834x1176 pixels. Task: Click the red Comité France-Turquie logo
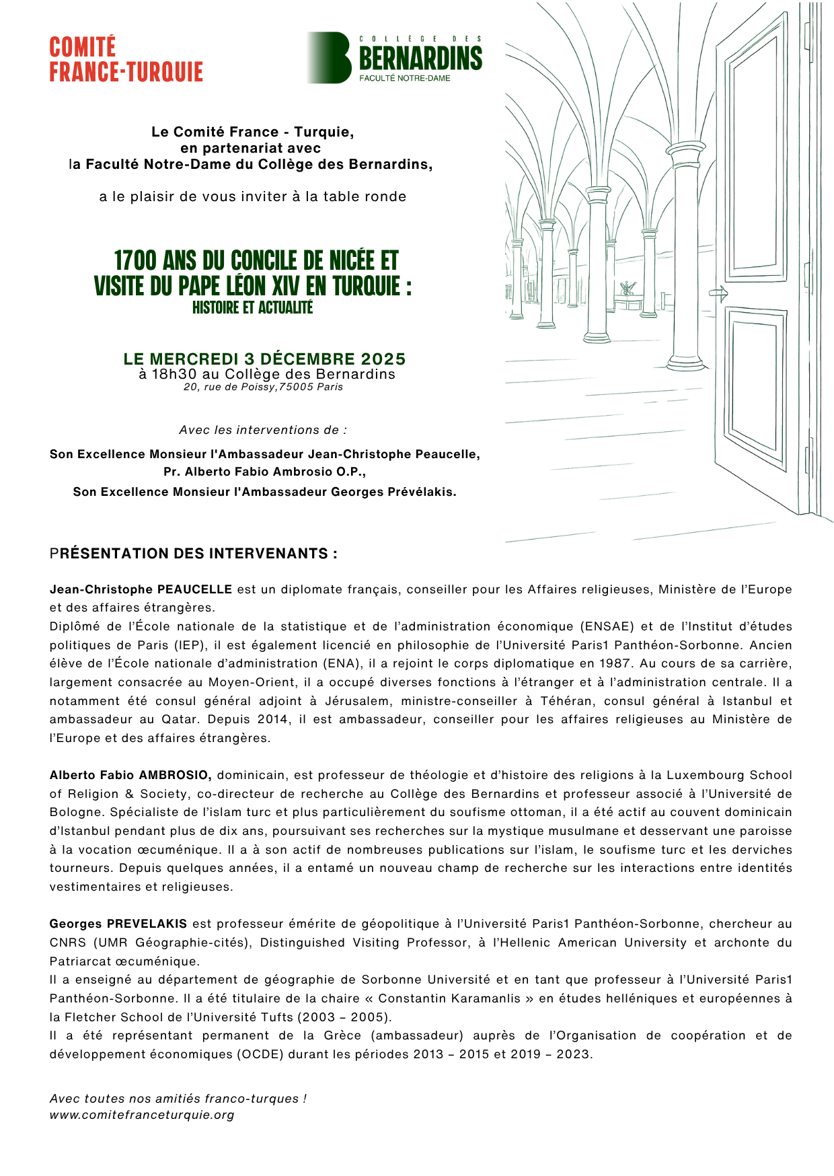pyautogui.click(x=126, y=60)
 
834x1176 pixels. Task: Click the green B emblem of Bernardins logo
pyautogui.click(x=331, y=58)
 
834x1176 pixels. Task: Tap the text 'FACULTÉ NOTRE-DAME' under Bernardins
pyautogui.click(x=404, y=78)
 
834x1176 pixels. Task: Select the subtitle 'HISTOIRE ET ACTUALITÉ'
pyautogui.click(x=252, y=307)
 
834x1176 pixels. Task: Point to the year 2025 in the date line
pyautogui.click(x=383, y=359)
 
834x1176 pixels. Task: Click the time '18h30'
pyautogui.click(x=174, y=374)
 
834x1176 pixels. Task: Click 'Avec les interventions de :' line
pyautogui.click(x=263, y=430)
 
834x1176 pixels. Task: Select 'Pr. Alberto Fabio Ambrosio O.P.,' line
pyautogui.click(x=264, y=472)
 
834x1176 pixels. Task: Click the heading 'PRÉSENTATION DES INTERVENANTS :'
pyautogui.click(x=194, y=554)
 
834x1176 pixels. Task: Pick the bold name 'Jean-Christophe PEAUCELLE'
pyautogui.click(x=141, y=589)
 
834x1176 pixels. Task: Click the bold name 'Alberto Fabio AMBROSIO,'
pyautogui.click(x=130, y=775)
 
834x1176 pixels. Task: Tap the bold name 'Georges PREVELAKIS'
pyautogui.click(x=118, y=924)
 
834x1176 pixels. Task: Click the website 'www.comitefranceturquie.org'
pyautogui.click(x=142, y=1115)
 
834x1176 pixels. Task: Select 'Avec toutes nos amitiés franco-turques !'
pyautogui.click(x=178, y=1099)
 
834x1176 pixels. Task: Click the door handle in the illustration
pyautogui.click(x=719, y=293)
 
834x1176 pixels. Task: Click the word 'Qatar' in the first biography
pyautogui.click(x=179, y=719)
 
